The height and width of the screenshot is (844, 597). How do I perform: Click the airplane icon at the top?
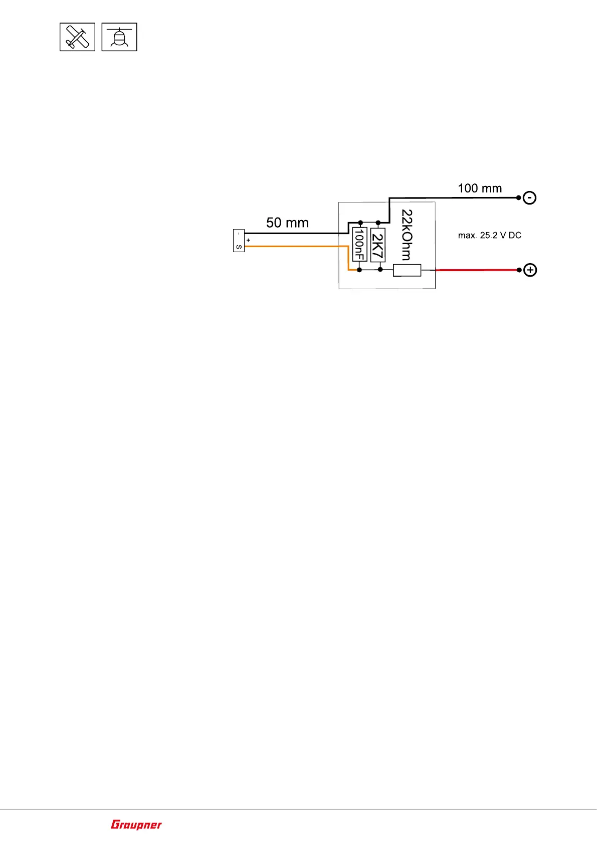click(77, 37)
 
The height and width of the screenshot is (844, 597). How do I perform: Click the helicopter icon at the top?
click(119, 37)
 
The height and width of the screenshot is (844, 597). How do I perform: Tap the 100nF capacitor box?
click(359, 244)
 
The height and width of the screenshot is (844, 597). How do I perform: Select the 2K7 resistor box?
click(377, 245)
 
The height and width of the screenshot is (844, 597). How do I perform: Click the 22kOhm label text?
click(407, 235)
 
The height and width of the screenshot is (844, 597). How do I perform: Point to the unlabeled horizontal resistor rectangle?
click(407, 270)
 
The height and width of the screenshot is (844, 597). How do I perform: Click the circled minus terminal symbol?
click(530, 198)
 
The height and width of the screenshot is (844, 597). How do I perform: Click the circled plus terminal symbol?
click(530, 270)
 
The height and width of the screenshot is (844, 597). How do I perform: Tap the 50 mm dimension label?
click(287, 223)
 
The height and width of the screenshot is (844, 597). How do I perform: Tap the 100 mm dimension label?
click(480, 188)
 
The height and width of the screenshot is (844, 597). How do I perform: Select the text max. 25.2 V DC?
click(490, 236)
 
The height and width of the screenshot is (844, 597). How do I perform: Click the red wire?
click(476, 270)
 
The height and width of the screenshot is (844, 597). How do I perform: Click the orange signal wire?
click(296, 246)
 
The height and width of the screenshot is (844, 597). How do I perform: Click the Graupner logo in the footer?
click(136, 824)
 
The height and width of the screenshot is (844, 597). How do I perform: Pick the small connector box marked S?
click(239, 241)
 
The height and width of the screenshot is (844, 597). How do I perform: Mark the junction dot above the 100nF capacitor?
click(360, 223)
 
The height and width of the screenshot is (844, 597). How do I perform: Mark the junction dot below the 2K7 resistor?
click(380, 270)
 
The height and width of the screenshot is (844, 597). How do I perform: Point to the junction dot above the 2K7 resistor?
click(378, 223)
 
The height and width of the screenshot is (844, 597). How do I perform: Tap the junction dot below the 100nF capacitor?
click(359, 270)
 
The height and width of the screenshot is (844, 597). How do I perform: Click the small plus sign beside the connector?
click(248, 241)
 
